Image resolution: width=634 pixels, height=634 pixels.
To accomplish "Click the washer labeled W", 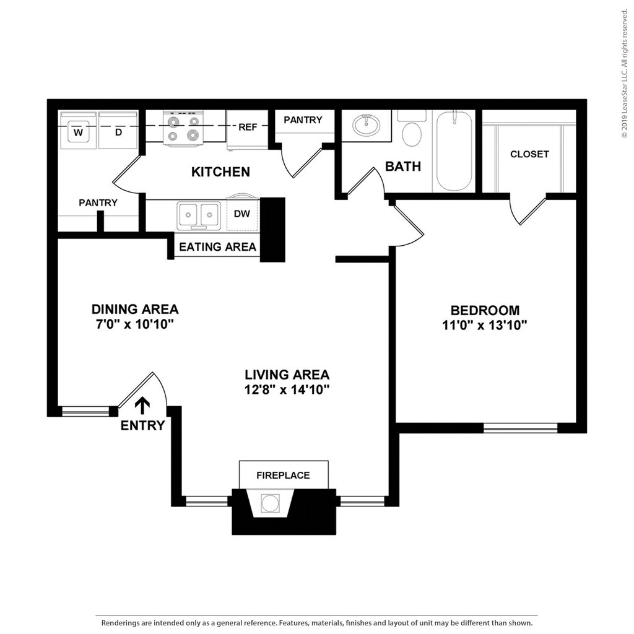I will (x=78, y=131).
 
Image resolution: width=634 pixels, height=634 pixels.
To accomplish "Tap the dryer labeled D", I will (x=118, y=131).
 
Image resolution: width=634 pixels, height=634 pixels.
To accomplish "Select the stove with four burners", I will (x=184, y=129).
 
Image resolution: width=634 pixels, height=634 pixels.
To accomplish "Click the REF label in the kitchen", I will (x=248, y=127).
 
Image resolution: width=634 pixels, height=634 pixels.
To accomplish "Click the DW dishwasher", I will (x=242, y=214).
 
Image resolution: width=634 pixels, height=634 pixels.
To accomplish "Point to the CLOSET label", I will (x=529, y=154).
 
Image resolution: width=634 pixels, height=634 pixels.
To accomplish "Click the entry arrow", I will (x=142, y=405).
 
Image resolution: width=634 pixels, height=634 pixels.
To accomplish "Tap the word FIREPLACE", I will (x=283, y=475).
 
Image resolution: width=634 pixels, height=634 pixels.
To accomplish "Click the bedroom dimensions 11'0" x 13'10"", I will (x=485, y=325).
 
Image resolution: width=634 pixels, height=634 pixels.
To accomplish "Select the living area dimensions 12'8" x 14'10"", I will (x=287, y=389).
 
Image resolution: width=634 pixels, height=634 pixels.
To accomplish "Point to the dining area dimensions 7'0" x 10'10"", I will (x=135, y=324).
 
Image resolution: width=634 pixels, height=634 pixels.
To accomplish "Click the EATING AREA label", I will (x=217, y=246).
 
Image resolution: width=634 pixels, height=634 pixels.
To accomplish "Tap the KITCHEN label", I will (x=220, y=172).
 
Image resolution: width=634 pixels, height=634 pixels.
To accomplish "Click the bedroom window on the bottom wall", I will (x=520, y=427).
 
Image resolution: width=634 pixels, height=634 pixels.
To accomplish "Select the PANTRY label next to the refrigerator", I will (x=303, y=120).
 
